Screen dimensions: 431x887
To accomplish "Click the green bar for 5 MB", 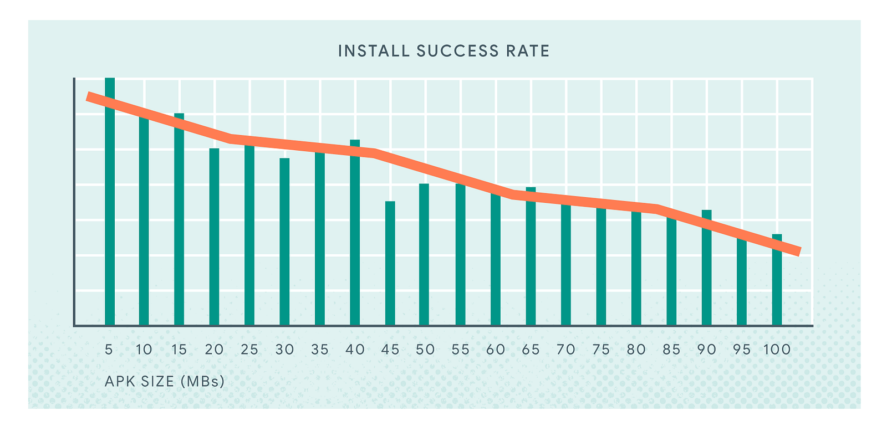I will pos(110,222).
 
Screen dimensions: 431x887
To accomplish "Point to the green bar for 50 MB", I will pos(424,255).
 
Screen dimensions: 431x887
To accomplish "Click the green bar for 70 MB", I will pos(566,266).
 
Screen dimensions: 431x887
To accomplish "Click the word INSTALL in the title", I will pos(374,52).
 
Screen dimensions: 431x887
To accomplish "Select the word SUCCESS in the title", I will pos(458,52).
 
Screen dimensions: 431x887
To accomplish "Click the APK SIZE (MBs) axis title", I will pos(165,381).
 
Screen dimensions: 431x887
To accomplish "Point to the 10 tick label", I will pos(144,350).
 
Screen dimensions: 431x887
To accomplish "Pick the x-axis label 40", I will pos(355,350).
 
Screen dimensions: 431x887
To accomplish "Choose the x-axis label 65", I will pos(531,350).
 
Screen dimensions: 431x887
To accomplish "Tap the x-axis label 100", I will pos(777,350).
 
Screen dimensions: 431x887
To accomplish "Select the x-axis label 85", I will pos(671,350).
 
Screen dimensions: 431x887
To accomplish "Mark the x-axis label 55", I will pos(460,350).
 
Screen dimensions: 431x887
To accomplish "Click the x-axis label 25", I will pos(249,350).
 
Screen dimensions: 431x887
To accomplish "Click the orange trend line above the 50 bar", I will pos(424,167).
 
